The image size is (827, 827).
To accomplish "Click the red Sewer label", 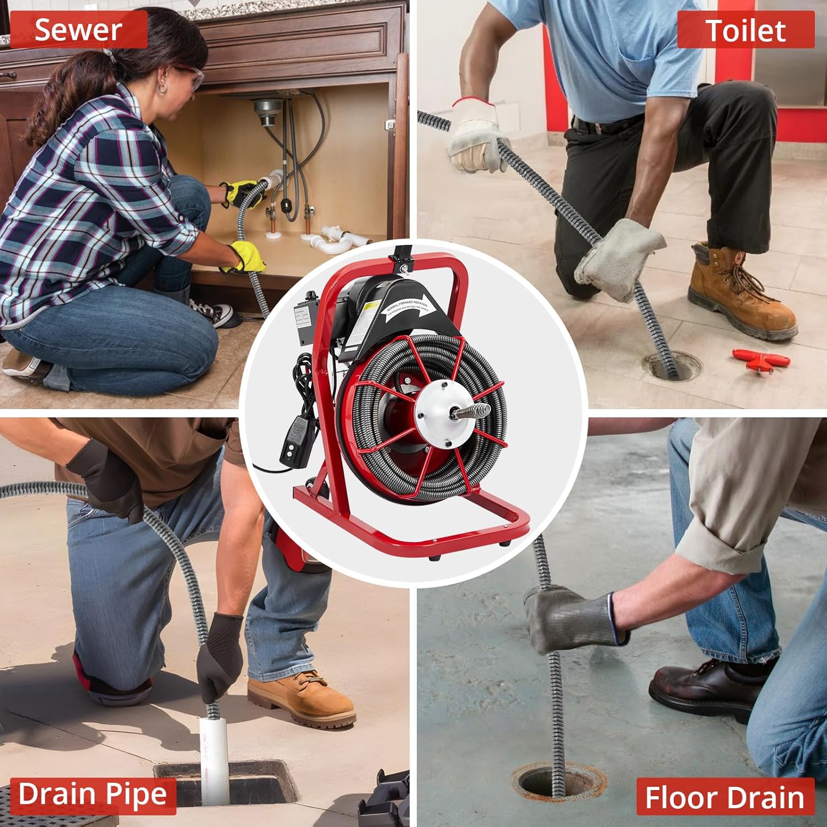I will click(x=78, y=30).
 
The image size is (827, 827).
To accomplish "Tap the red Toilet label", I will click(x=745, y=30).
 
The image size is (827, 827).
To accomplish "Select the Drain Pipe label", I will click(x=92, y=794).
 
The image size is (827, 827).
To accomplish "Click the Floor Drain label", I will click(x=724, y=797).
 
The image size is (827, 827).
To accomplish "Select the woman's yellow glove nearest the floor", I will click(x=246, y=257).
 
